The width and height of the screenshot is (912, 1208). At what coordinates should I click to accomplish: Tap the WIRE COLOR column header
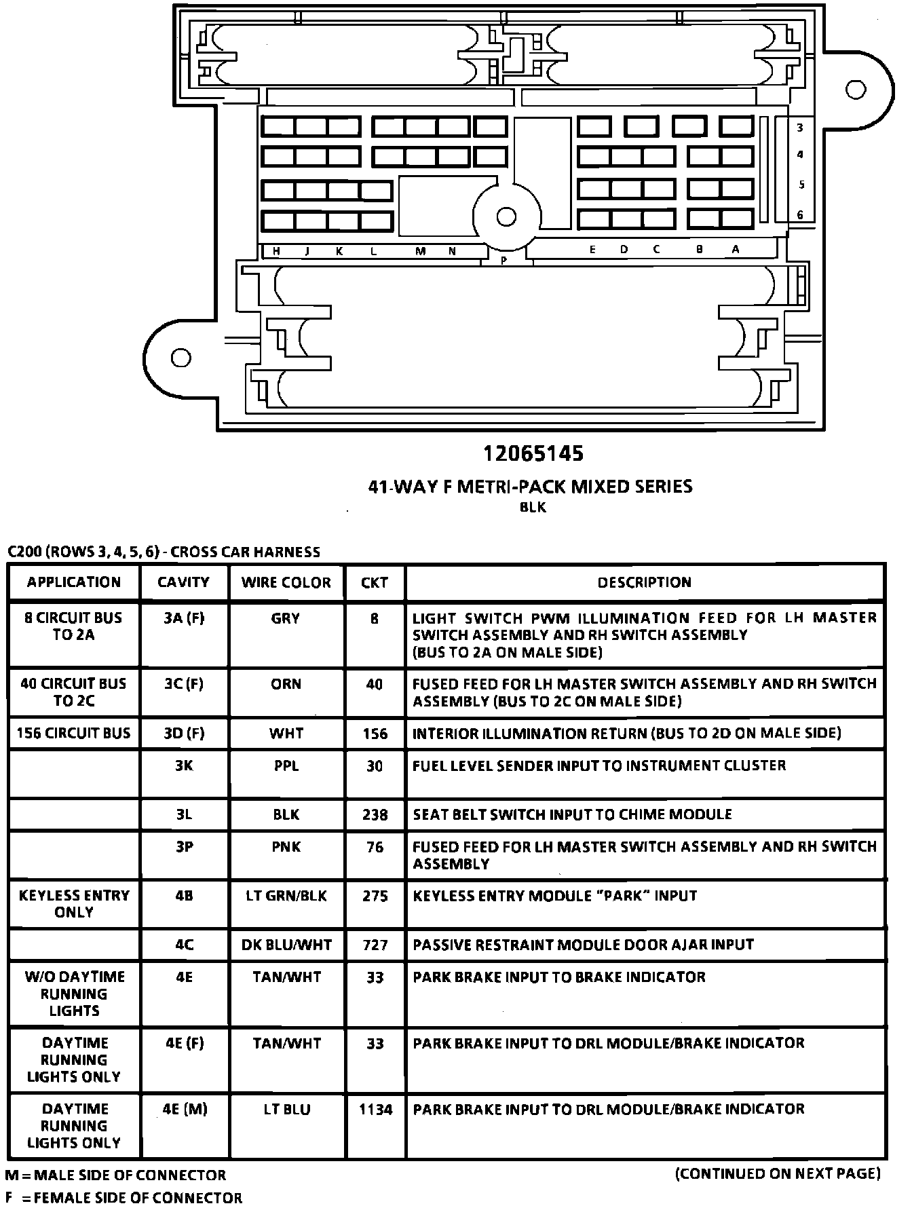click(x=286, y=582)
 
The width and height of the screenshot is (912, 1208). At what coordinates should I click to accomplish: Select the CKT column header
click(x=375, y=582)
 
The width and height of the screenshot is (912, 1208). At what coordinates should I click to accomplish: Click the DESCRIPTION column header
click(x=644, y=582)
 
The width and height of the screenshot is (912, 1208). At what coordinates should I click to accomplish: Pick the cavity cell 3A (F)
click(x=184, y=618)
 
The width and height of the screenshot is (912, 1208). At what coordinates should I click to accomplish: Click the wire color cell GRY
click(x=286, y=618)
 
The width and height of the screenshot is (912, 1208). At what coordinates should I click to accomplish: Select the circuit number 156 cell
click(x=375, y=734)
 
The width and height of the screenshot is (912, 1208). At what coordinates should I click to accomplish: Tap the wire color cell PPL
click(x=286, y=766)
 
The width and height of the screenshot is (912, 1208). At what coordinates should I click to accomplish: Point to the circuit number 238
click(x=375, y=814)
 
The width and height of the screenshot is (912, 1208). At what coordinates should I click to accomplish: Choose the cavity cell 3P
click(x=184, y=847)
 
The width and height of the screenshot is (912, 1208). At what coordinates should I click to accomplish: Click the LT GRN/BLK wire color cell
click(x=286, y=896)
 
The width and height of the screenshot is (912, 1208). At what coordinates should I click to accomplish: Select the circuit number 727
click(x=375, y=945)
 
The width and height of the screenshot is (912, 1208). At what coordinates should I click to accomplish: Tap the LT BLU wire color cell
click(x=286, y=1109)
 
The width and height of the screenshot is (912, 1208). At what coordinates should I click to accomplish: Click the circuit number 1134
click(x=375, y=1109)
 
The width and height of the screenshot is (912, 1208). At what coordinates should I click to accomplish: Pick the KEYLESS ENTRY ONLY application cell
click(x=74, y=904)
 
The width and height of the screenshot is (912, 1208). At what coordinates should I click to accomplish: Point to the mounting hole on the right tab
click(x=856, y=90)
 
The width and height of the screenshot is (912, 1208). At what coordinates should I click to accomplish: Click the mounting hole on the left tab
click(x=180, y=358)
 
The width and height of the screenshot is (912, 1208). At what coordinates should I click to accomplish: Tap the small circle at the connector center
click(x=506, y=216)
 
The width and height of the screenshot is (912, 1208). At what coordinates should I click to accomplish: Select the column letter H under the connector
click(x=276, y=251)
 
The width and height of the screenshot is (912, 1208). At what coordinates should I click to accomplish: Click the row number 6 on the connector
click(x=800, y=214)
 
